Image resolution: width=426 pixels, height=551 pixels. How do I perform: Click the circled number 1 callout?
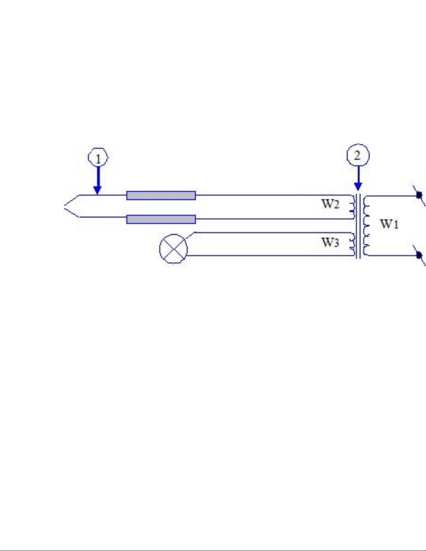click(98, 157)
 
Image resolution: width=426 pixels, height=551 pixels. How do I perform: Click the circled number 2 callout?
click(358, 155)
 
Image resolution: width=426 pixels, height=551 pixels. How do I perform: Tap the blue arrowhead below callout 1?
click(98, 190)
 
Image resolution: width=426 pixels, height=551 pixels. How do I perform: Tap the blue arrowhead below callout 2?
click(358, 186)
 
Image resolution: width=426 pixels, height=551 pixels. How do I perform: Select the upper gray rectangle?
click(161, 195)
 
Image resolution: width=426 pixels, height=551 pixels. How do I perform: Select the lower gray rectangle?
click(161, 219)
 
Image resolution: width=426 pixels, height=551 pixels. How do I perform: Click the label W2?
click(330, 204)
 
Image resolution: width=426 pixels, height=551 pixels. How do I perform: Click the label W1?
click(389, 224)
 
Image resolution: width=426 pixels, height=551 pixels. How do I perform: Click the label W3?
click(330, 242)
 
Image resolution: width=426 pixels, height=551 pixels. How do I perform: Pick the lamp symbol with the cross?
click(174, 249)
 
